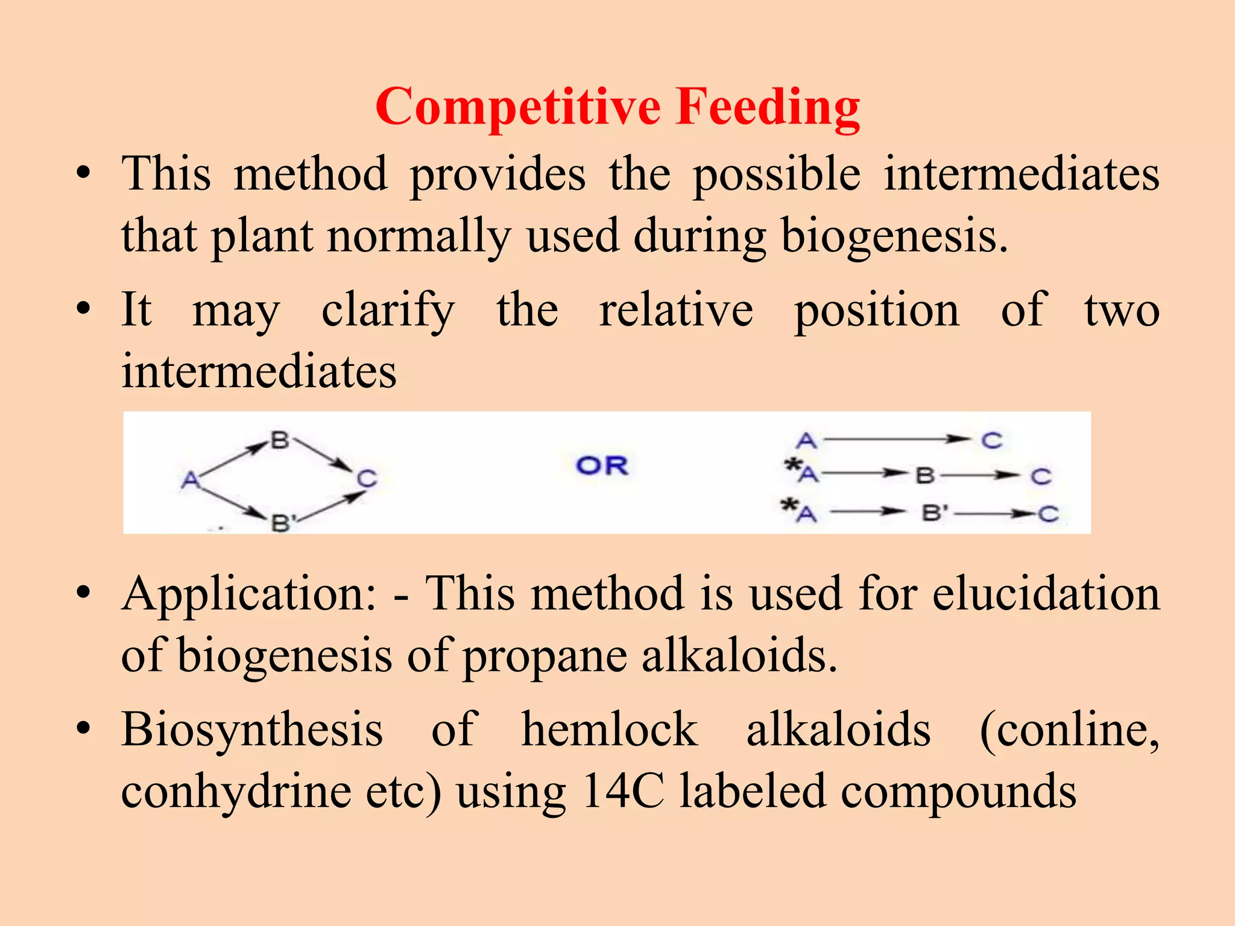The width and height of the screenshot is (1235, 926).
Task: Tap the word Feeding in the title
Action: coord(768,107)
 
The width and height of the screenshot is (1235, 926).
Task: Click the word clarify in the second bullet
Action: coord(388,310)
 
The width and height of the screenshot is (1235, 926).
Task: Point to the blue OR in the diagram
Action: coord(602,465)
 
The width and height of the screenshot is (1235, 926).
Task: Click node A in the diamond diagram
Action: coord(190,480)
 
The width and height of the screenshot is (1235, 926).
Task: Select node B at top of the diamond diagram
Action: coord(279,440)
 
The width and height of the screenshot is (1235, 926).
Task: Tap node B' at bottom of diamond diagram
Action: coord(282,522)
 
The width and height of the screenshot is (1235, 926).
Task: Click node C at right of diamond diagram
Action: coord(367,479)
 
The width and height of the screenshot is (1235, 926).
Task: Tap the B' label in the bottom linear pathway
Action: coord(935,514)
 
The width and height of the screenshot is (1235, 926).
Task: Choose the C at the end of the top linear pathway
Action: coord(991,441)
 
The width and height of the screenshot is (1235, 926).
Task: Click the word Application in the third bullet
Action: coord(249,594)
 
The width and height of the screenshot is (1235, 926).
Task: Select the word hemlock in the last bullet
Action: coord(610,730)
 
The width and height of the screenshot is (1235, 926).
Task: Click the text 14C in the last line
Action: coord(623,792)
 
